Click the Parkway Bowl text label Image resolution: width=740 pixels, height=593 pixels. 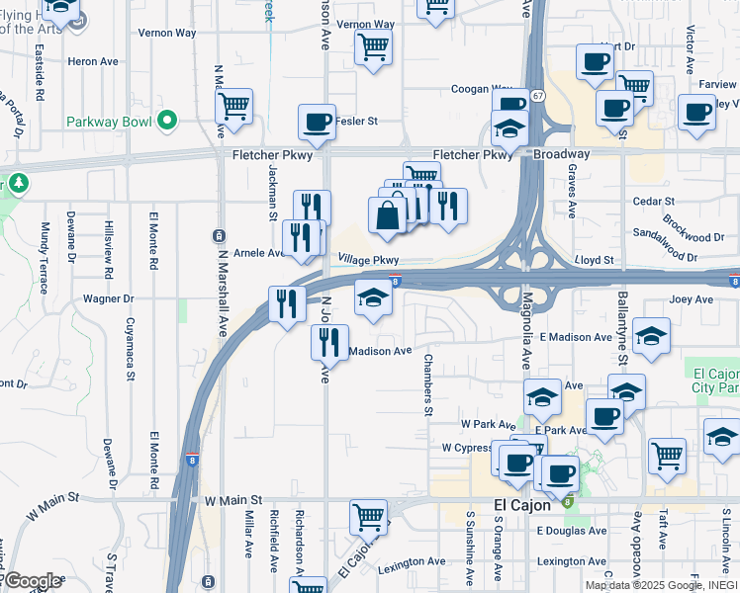point(109,122)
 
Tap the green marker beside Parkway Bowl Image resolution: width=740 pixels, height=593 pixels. point(167,122)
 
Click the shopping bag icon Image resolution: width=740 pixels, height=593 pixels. point(387,214)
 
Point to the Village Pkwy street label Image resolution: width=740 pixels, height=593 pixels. point(368,259)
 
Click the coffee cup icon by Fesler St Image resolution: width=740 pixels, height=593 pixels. point(317,123)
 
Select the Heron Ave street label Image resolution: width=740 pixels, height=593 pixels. point(93,61)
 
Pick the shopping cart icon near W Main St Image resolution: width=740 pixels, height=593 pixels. point(368,516)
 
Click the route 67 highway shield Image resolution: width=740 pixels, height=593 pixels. point(536,95)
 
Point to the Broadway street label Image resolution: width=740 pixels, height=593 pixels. point(561,154)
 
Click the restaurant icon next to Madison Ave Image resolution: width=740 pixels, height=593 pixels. point(329,341)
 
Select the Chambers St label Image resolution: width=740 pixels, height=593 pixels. point(429,384)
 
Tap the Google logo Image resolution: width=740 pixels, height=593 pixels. point(33,581)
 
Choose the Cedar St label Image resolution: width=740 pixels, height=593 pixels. point(652,201)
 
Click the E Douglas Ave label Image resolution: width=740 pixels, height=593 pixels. point(572,531)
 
